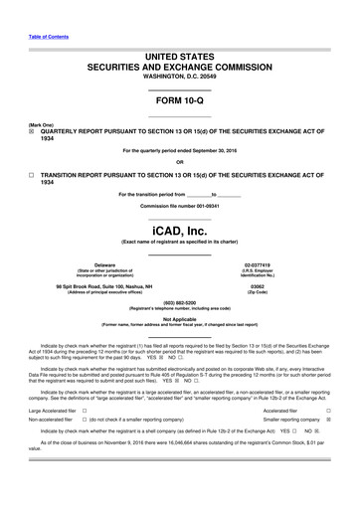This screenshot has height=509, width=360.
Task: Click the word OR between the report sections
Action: point(179,162)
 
